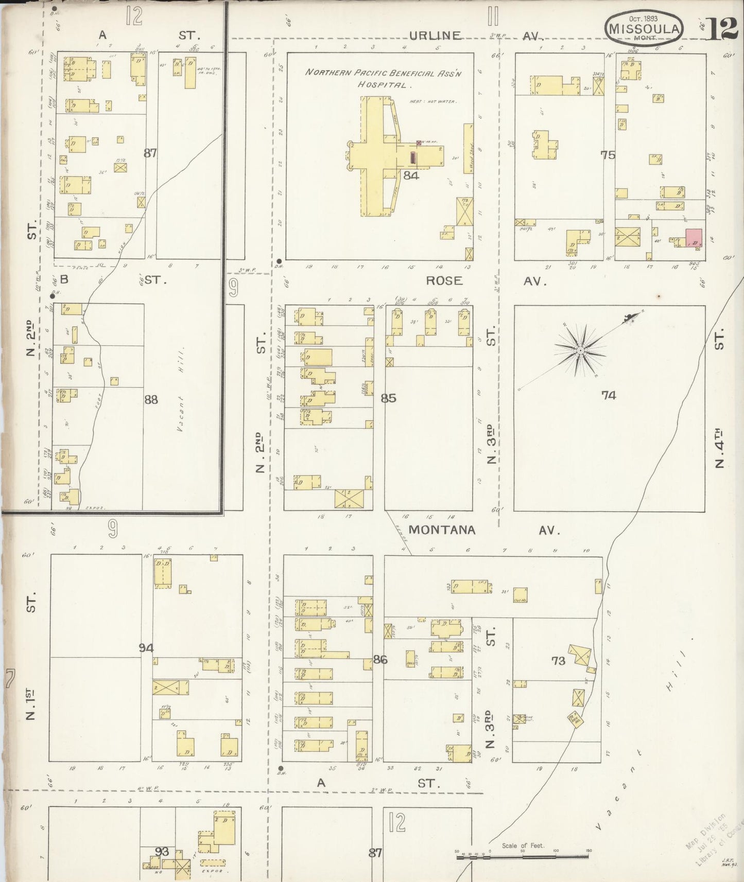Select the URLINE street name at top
click(435, 36)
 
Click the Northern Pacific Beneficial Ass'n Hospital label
click(384, 78)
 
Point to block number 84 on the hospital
click(411, 175)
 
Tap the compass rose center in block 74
click(580, 350)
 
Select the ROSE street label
click(444, 281)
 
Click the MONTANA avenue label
click(442, 530)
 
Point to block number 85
click(388, 398)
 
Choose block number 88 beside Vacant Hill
click(151, 399)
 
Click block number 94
click(146, 648)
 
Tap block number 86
click(380, 660)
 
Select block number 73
click(558, 661)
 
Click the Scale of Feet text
click(524, 845)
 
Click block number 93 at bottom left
click(162, 852)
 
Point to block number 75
click(608, 154)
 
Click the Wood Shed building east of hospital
click(468, 149)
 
